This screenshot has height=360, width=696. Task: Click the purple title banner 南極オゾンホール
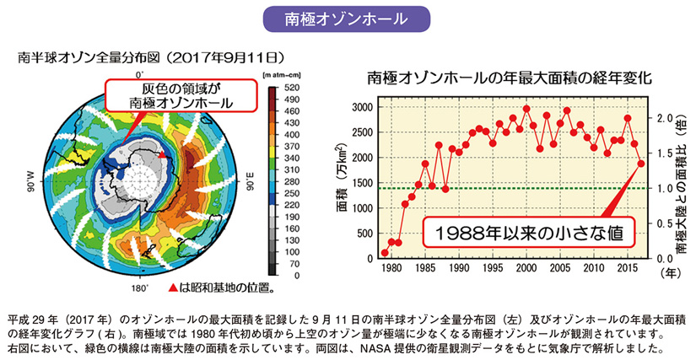[348, 18]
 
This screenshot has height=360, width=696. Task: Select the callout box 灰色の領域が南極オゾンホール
[181, 95]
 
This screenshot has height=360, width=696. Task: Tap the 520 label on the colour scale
[291, 88]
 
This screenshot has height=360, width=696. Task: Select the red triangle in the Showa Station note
[175, 287]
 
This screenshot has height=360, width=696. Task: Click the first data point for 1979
[385, 252]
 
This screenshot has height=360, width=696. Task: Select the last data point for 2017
[640, 163]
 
